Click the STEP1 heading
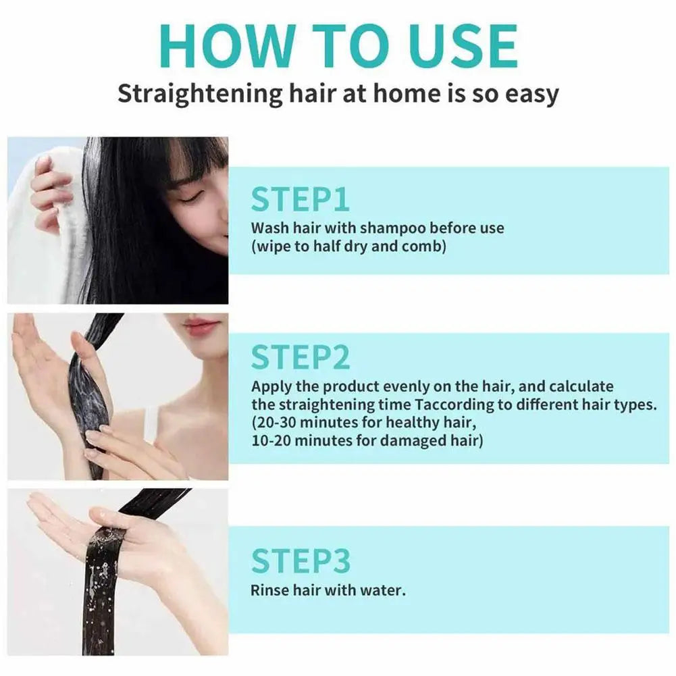tap(300, 200)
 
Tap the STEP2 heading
tap(301, 358)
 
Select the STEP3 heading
tap(301, 562)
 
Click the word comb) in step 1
tap(424, 246)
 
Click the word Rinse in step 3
tap(269, 590)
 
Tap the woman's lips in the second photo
tap(201, 326)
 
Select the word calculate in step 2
tap(581, 387)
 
